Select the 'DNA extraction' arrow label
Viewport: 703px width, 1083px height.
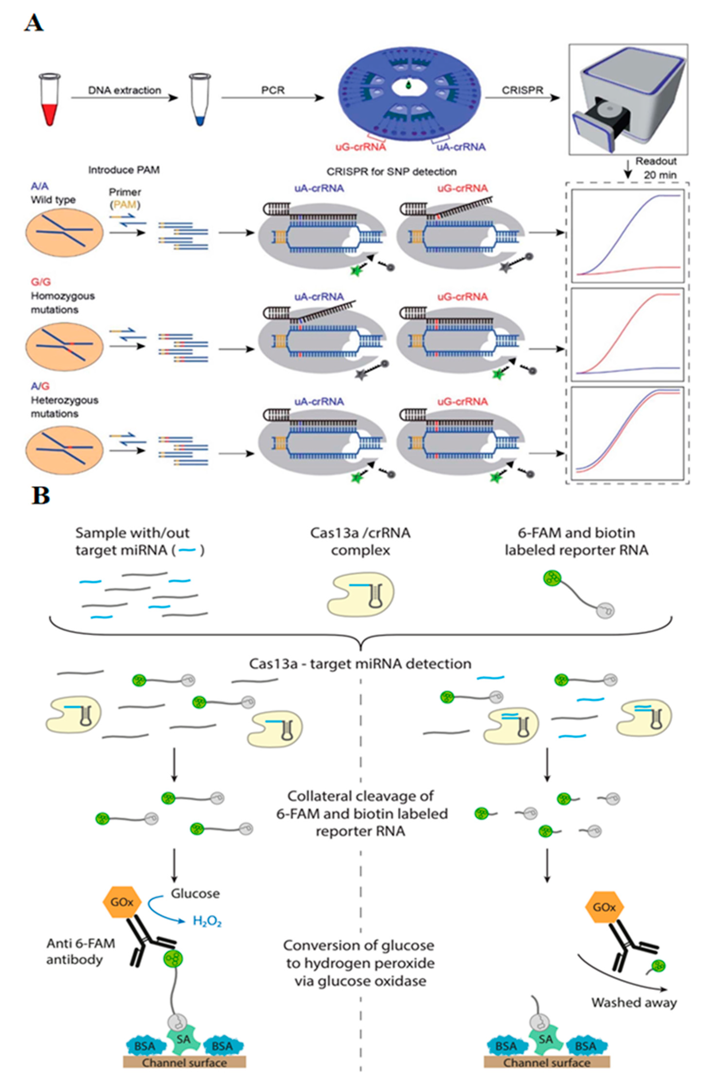coord(124,90)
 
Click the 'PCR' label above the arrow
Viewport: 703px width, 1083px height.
coord(273,90)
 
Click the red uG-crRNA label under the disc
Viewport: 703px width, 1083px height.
coord(361,146)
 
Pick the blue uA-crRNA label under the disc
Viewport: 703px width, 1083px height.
coord(461,146)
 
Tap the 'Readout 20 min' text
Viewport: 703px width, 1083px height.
coord(656,168)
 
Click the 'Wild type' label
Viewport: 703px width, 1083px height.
coord(53,200)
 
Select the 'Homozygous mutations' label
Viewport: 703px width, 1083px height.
coord(62,303)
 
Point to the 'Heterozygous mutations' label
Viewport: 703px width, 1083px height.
coord(64,407)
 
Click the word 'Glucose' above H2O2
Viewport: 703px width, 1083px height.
coord(195,893)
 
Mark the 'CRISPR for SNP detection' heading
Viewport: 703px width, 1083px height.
coord(391,171)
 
